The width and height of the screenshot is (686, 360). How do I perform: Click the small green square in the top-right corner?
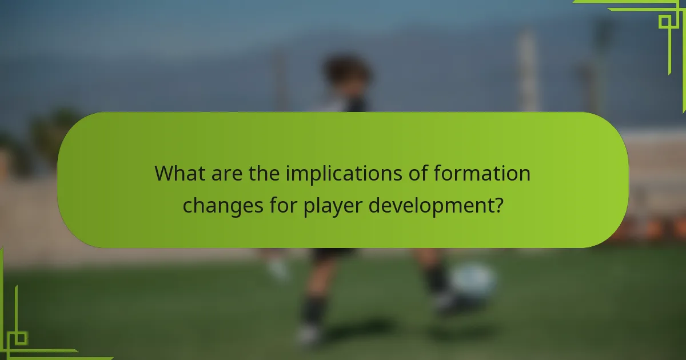664,22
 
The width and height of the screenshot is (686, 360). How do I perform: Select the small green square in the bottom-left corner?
20,338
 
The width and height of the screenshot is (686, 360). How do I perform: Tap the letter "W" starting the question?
163,173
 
